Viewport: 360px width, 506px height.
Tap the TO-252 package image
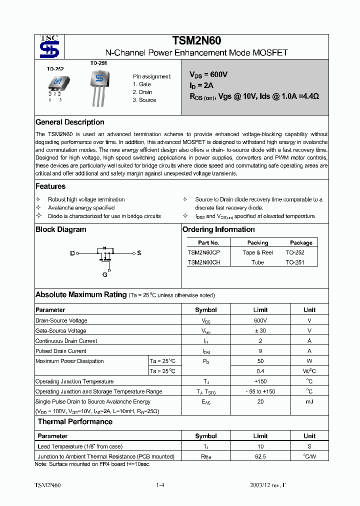click(56, 85)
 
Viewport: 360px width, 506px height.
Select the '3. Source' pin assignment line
click(144, 100)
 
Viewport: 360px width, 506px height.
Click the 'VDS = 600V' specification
click(208, 74)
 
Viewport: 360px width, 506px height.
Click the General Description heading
click(70, 122)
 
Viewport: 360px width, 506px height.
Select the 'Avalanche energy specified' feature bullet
click(81, 207)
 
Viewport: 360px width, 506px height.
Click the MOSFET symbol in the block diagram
click(105, 254)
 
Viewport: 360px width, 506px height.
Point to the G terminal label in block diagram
click(105, 274)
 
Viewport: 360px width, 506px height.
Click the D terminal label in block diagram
click(72, 253)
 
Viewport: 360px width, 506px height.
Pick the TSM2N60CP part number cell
click(203, 252)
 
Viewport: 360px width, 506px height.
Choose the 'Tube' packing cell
click(257, 262)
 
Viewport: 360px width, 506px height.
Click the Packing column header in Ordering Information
click(257, 242)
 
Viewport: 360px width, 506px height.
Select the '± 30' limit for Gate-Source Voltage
click(260, 330)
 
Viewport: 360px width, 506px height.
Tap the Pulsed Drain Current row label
click(61, 351)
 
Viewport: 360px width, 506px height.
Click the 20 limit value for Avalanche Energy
click(260, 401)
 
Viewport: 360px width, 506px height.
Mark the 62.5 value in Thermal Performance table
click(260, 456)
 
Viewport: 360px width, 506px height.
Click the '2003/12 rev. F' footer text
click(268, 485)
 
